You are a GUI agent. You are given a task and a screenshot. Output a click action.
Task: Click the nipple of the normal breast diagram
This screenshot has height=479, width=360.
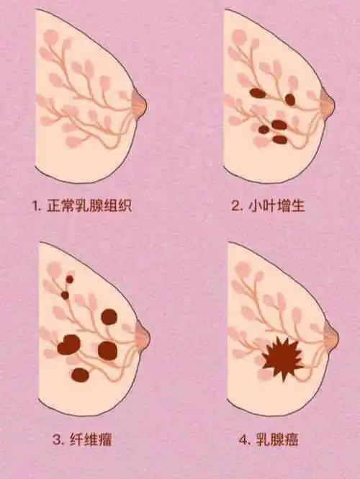pos(140,106)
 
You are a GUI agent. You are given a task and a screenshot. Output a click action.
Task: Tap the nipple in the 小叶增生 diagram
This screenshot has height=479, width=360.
pos(328,104)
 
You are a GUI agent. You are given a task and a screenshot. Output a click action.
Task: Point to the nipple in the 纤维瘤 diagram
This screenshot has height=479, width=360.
pos(143,336)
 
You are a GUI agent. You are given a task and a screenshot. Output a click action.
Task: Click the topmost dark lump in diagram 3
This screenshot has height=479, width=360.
pos(70,279)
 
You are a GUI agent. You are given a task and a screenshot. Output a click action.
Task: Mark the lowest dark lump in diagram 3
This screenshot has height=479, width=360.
pos(80,375)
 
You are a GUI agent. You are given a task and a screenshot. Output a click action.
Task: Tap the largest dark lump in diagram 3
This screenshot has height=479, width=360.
pos(70,346)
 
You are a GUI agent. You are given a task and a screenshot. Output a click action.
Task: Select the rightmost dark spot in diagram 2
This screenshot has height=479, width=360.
pos(290,99)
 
